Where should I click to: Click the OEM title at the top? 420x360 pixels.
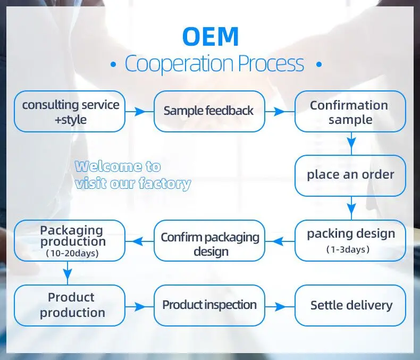[x=210, y=36]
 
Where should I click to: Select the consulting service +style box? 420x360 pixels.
[x=70, y=112]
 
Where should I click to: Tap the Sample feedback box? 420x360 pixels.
[x=209, y=111]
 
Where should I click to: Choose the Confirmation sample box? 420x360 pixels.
[x=350, y=112]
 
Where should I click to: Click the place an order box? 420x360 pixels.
[x=350, y=175]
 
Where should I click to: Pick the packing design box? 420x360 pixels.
[x=350, y=240]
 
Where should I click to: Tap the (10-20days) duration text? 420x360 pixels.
[x=72, y=253]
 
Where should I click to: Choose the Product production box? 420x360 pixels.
[x=70, y=305]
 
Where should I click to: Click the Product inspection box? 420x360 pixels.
[x=209, y=305]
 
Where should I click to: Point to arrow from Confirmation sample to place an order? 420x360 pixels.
[x=350, y=143]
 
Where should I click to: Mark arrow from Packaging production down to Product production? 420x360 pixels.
[x=68, y=273]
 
